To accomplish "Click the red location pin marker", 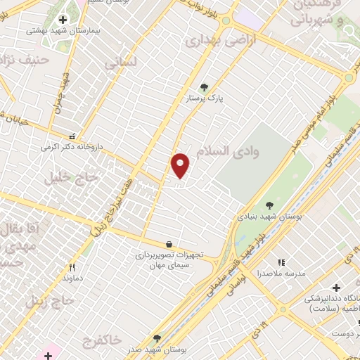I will point(181,165).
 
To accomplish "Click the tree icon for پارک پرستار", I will point(205,87).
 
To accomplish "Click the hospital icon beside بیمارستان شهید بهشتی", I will point(63,18).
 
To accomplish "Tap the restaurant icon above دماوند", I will point(72,267).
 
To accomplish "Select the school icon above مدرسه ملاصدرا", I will point(281,262).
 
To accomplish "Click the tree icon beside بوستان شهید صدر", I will point(157,337).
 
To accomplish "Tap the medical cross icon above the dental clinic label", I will point(336,287).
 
